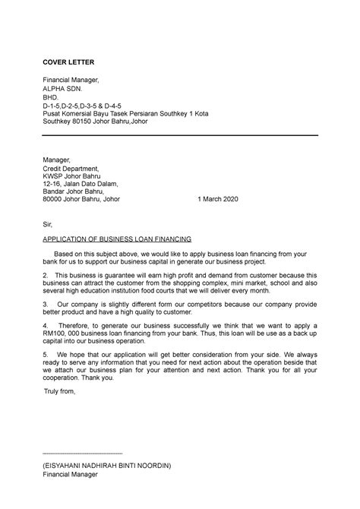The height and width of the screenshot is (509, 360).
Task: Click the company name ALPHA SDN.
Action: tap(62, 88)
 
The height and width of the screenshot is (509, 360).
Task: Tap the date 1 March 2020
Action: tap(217, 199)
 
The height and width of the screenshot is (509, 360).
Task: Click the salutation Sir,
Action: tap(47, 224)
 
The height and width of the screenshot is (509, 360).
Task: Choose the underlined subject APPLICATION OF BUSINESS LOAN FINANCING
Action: tap(118, 239)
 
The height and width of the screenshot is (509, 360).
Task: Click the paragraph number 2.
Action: tap(46, 274)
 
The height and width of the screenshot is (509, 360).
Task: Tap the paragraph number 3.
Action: tap(46, 303)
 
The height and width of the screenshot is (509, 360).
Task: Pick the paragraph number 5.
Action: tap(46, 354)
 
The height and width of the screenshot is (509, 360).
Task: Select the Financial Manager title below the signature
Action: tap(76, 474)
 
